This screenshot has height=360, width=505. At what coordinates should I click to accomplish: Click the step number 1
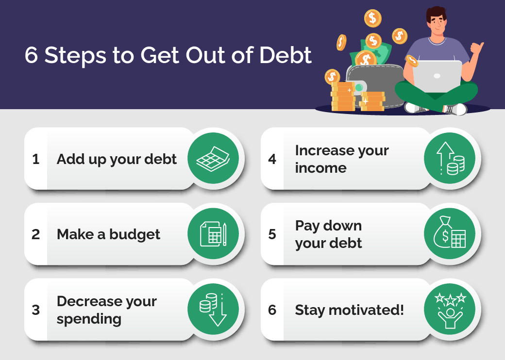click(35, 159)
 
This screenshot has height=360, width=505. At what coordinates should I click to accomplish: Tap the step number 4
click(272, 159)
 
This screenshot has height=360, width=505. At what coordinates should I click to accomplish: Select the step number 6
click(272, 310)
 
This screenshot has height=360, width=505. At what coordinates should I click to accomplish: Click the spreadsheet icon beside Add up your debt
click(213, 159)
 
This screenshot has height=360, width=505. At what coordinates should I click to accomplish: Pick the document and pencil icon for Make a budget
click(213, 234)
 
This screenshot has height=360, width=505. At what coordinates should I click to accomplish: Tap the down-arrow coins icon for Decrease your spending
click(213, 309)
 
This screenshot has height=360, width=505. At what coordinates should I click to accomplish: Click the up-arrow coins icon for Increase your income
click(449, 159)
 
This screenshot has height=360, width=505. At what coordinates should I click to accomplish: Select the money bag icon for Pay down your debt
click(449, 234)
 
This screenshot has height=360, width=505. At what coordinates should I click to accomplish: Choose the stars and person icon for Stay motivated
click(449, 309)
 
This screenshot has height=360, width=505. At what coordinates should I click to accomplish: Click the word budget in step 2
click(135, 234)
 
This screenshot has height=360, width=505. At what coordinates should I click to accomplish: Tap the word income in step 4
click(320, 168)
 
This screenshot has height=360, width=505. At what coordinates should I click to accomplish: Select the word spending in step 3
click(89, 319)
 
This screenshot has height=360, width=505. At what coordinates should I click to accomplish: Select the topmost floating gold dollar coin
click(372, 18)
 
